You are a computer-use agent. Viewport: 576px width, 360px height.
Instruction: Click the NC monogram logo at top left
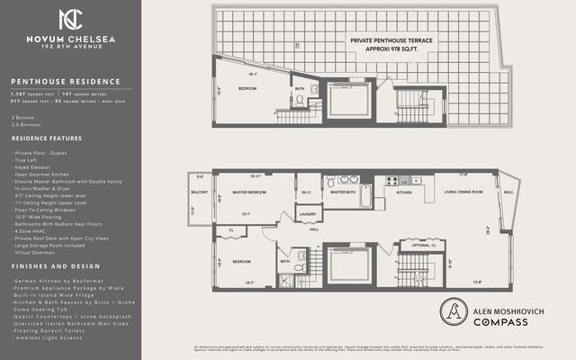click(x=70, y=20)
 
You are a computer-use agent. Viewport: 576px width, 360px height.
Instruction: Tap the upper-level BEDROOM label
click(x=247, y=88)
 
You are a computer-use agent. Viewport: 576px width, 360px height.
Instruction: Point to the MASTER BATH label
click(x=343, y=192)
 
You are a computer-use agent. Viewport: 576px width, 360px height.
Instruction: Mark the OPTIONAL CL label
click(x=423, y=245)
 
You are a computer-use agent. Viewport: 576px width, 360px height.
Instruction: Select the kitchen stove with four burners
click(x=392, y=180)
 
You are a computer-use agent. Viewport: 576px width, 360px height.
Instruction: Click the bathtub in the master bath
click(x=366, y=195)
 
